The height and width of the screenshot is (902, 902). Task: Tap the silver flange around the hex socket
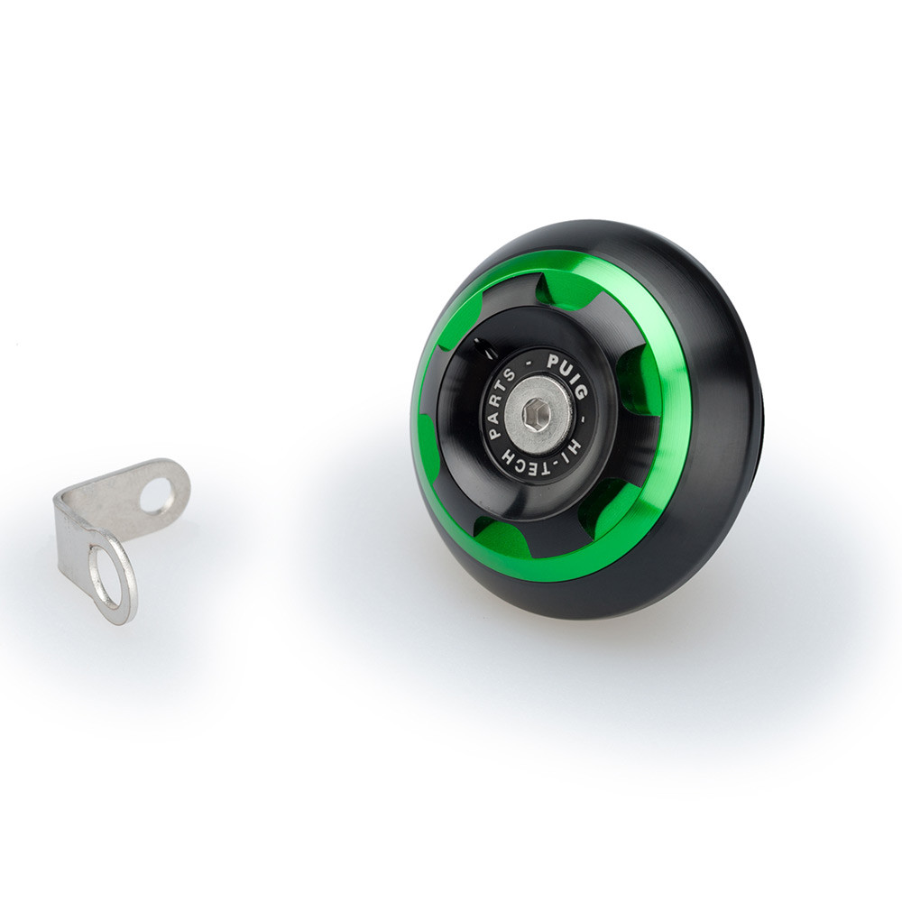point(538,413)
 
